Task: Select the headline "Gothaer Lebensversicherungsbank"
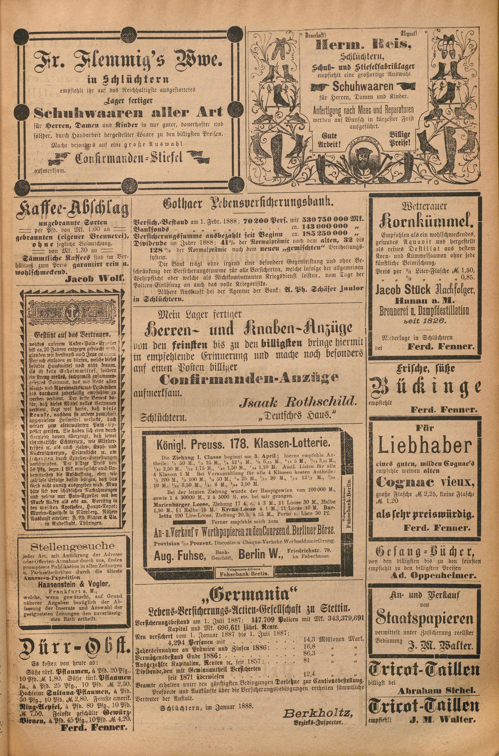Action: click(x=247, y=203)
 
